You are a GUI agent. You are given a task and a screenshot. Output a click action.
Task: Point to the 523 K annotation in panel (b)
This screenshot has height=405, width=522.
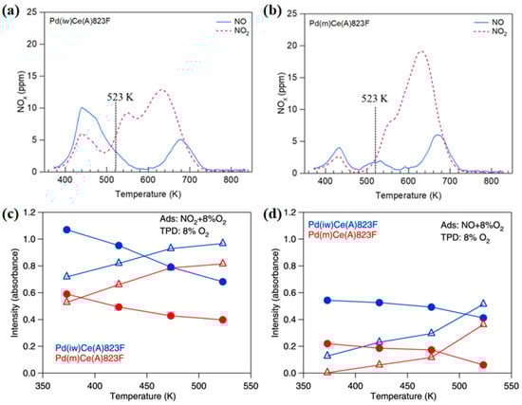[x=376, y=96]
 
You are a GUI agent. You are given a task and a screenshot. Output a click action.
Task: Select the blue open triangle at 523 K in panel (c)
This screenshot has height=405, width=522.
[x=222, y=244]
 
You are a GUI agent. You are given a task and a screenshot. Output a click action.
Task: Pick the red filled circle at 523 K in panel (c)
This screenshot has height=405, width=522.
[x=222, y=320]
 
